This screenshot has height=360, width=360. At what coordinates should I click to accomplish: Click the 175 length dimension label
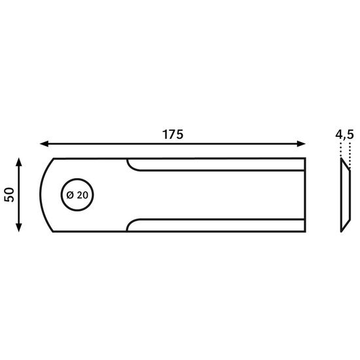173,135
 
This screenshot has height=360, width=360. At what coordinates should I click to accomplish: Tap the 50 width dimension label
9,195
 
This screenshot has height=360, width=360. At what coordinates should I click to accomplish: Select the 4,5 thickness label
344,135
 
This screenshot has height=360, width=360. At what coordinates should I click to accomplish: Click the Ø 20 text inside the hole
77,195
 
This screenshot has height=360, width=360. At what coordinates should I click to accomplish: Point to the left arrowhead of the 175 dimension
44,144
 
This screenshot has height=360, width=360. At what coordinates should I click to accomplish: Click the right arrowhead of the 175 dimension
301,144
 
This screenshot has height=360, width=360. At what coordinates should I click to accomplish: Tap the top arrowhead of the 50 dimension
19,162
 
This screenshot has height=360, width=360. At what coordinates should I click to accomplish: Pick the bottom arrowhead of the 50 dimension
19,228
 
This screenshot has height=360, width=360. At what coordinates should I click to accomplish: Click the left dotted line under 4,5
341,150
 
